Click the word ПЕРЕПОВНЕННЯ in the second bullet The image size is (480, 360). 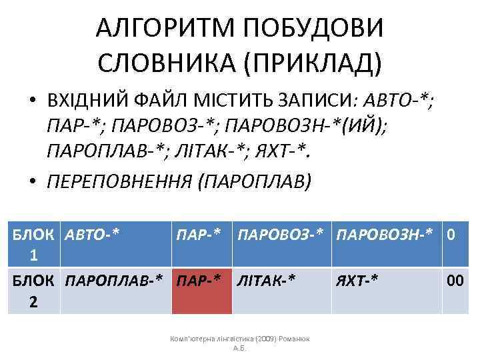pyautogui.click(x=117, y=181)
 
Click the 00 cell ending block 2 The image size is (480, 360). pyautogui.click(x=455, y=281)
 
